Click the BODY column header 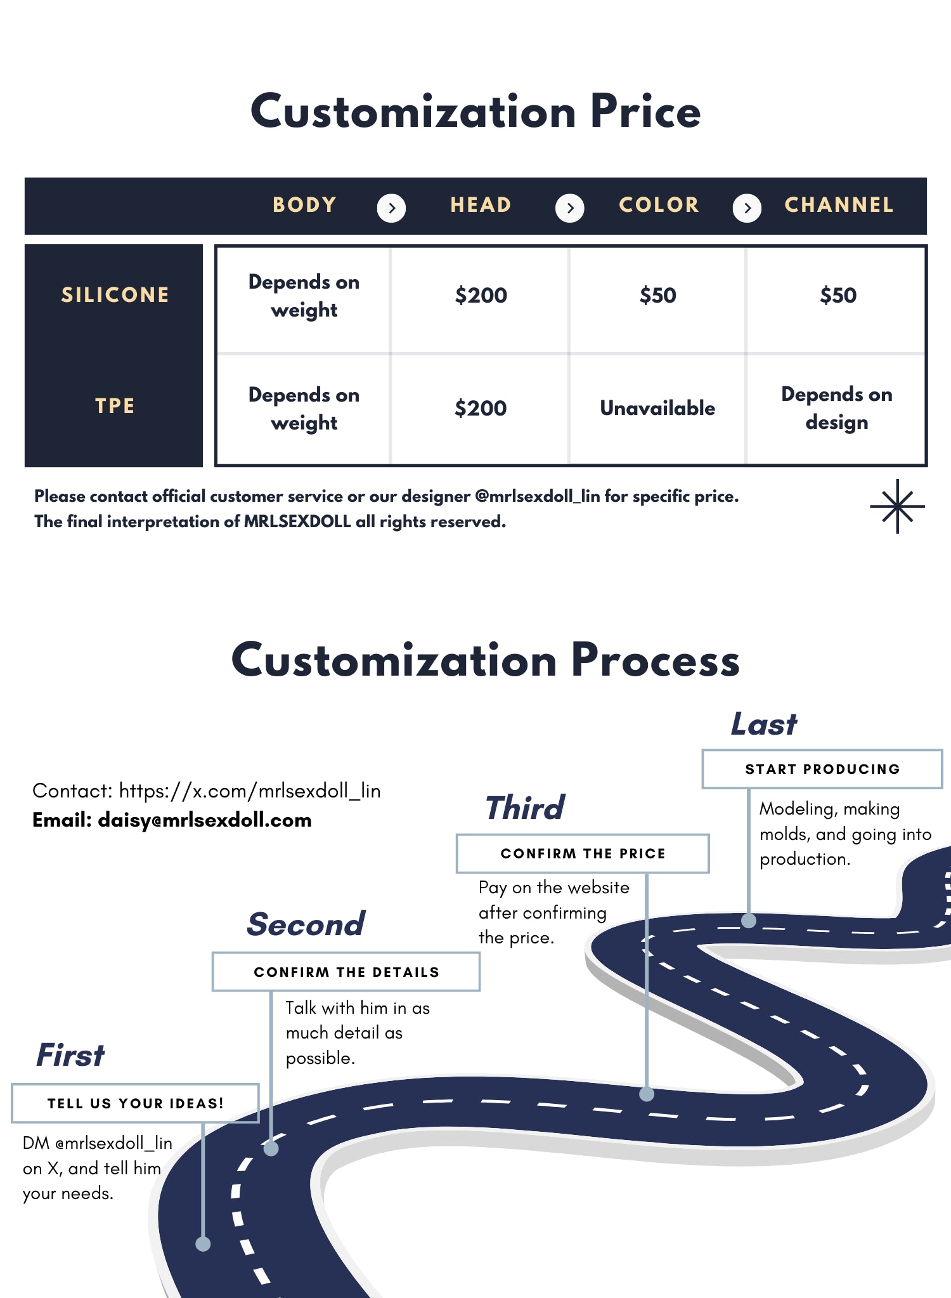pyautogui.click(x=304, y=205)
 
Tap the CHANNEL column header pyautogui.click(x=838, y=205)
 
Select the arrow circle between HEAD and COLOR pyautogui.click(x=569, y=208)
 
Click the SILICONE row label pyautogui.click(x=115, y=295)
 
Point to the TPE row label pyautogui.click(x=115, y=406)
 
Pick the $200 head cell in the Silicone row pyautogui.click(x=481, y=296)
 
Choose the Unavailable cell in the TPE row pyautogui.click(x=657, y=408)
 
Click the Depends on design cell pyautogui.click(x=836, y=408)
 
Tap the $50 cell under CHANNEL pyautogui.click(x=838, y=296)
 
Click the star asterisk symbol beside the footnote pyautogui.click(x=897, y=506)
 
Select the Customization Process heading pyautogui.click(x=485, y=660)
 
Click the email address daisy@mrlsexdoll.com pyautogui.click(x=205, y=820)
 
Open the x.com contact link pyautogui.click(x=250, y=791)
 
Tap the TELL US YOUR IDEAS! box pyautogui.click(x=135, y=1103)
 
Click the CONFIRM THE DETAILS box pyautogui.click(x=346, y=972)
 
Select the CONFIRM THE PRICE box pyautogui.click(x=583, y=853)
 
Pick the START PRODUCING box pyautogui.click(x=822, y=769)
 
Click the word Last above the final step pyautogui.click(x=764, y=724)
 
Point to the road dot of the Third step pyautogui.click(x=647, y=1094)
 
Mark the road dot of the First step pyautogui.click(x=203, y=1243)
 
